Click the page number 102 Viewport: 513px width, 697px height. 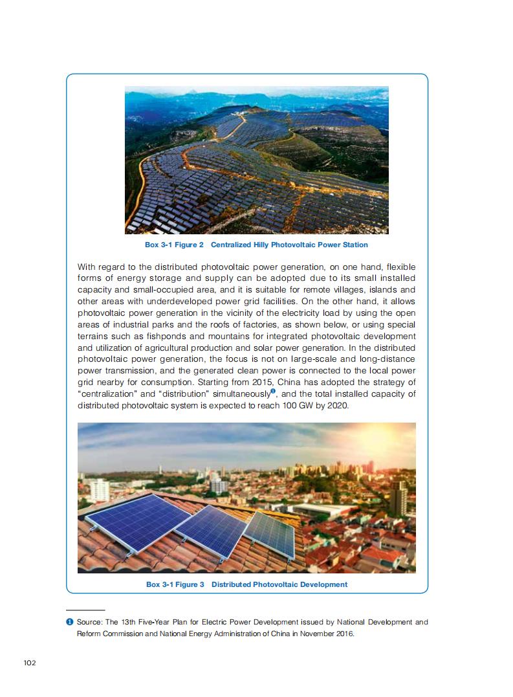(x=29, y=662)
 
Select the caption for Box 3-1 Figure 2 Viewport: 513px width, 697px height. (x=256, y=245)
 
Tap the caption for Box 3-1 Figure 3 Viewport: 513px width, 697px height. (x=246, y=584)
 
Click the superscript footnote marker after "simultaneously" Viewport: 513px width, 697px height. (x=273, y=391)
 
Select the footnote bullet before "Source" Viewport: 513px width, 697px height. (x=69, y=623)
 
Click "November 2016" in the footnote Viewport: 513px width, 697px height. (x=325, y=634)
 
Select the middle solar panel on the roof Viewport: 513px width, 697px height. (x=212, y=530)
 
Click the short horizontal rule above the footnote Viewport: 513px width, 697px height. (x=85, y=610)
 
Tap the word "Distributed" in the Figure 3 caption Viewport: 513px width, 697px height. (x=235, y=584)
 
